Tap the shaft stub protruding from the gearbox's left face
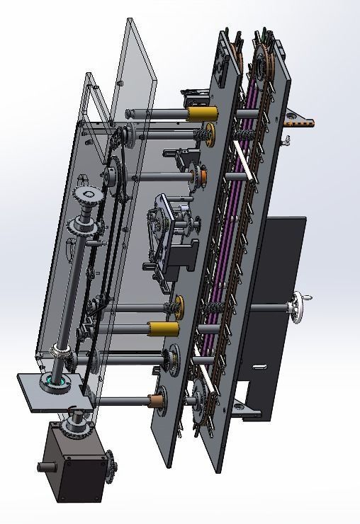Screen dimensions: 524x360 pyautogui.click(x=45, y=467)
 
